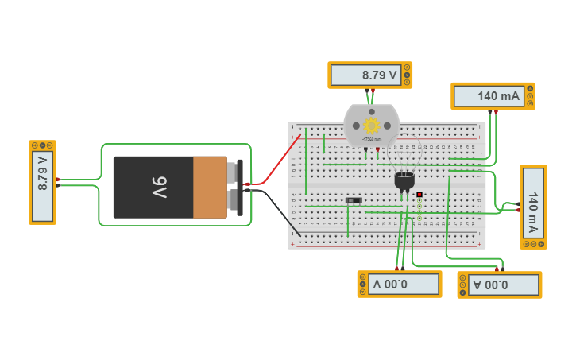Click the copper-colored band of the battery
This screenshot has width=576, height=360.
pos(210,188)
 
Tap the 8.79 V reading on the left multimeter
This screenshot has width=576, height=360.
pos(43,182)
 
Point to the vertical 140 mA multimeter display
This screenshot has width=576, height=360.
pos(533,207)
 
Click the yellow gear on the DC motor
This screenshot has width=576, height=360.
pos(371,126)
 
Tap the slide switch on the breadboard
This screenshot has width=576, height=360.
pos(354,200)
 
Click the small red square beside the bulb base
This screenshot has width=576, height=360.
pos(419,194)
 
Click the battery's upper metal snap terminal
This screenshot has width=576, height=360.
pos(234,172)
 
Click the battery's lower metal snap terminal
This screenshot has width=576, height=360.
pos(234,201)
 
